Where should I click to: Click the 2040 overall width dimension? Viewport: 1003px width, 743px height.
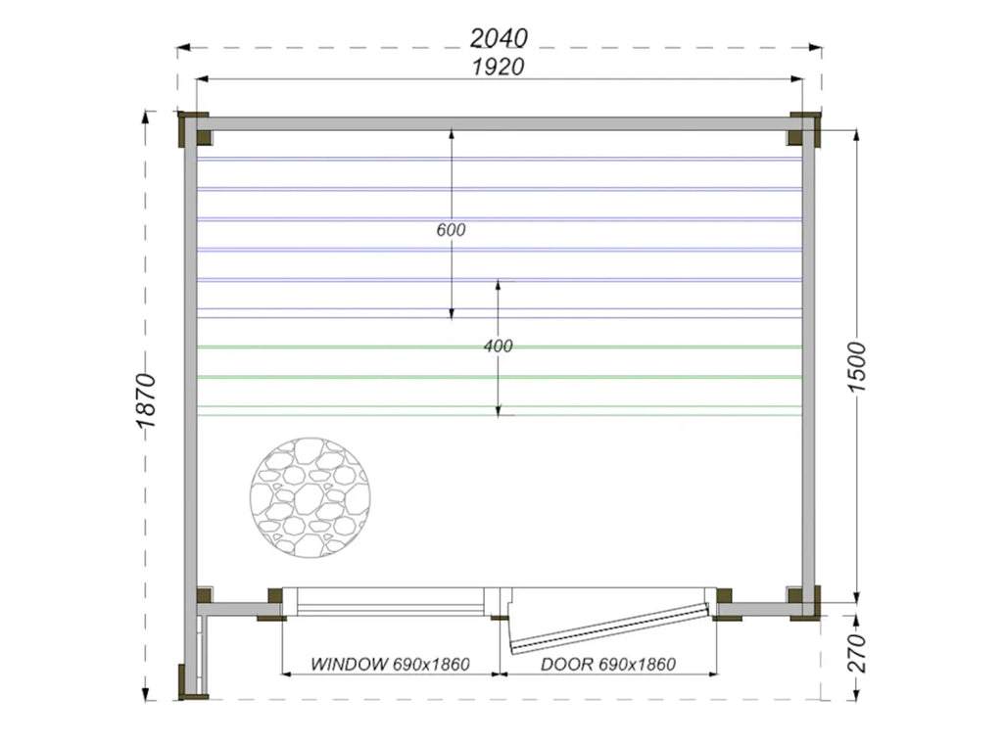tap(499, 38)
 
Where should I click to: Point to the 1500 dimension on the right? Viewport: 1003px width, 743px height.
tap(857, 367)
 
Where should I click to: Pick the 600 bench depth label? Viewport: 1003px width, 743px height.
tap(451, 231)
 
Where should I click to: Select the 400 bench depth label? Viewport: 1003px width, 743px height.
tap(498, 347)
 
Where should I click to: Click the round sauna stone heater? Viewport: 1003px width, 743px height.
tap(310, 497)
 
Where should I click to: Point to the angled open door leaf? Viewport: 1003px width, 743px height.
tap(610, 627)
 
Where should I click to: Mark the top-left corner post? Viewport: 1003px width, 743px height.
tap(193, 128)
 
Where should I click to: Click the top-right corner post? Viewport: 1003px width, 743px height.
tap(804, 128)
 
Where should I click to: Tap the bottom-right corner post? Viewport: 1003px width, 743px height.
tap(804, 600)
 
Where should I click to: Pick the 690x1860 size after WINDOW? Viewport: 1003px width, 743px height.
tap(431, 664)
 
